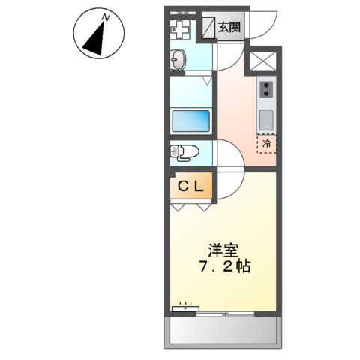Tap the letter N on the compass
(x=107, y=16)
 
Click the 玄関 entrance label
(x=229, y=28)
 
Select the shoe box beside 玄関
(x=207, y=28)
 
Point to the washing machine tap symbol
(x=181, y=29)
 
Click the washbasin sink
(x=178, y=59)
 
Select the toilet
(x=184, y=152)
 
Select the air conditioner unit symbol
(x=185, y=306)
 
